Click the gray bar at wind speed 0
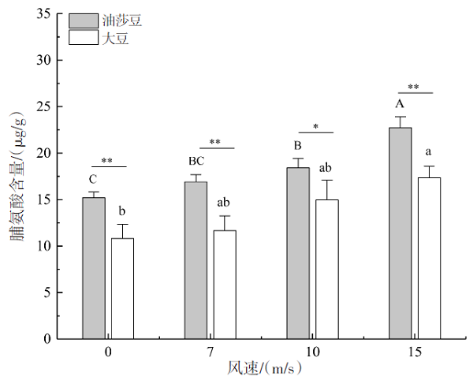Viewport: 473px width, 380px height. click(94, 268)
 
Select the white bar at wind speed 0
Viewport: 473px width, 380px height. click(122, 288)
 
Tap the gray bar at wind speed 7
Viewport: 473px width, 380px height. click(196, 260)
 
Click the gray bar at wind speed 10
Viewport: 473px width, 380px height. click(298, 253)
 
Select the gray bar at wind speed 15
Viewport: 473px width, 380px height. click(400, 233)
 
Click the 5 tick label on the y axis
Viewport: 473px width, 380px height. click(47, 292)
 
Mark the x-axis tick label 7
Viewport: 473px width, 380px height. click(210, 351)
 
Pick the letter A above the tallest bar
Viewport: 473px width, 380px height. click(400, 104)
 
